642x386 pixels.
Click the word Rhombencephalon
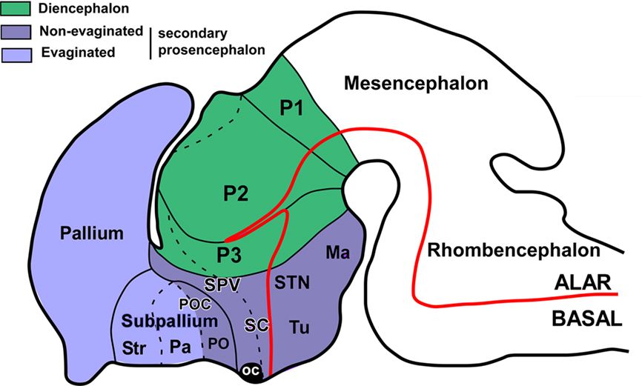[x=512, y=250]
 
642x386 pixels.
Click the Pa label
[x=178, y=346]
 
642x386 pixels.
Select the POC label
[x=196, y=305]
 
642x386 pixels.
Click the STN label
[x=291, y=283]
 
